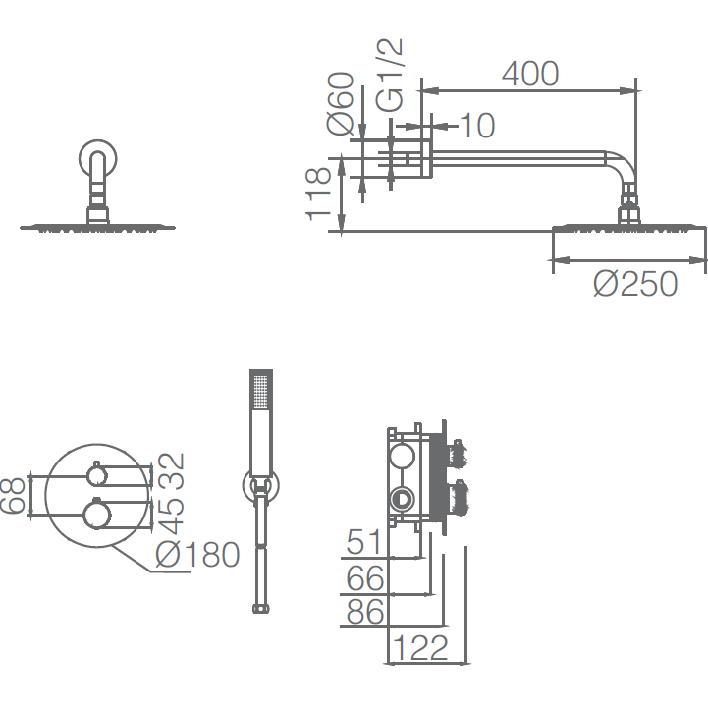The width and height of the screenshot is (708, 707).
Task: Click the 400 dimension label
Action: point(530,74)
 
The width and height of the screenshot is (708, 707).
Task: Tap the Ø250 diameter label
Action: point(635,283)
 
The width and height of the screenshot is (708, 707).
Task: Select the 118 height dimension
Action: point(318,194)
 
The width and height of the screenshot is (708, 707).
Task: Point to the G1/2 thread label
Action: point(389,75)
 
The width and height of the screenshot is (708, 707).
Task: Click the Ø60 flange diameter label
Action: point(340,103)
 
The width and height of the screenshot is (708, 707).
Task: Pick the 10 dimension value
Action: point(478,125)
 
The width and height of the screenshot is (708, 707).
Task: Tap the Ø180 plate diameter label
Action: point(197,554)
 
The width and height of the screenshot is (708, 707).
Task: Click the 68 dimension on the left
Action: point(12,496)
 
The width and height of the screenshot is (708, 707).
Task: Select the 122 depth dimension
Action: point(421,647)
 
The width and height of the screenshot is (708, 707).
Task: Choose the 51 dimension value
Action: point(364,542)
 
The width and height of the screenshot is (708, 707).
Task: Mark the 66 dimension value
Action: point(365,578)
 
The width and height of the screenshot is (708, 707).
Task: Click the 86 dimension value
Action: point(365,612)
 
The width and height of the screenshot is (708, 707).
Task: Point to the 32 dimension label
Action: point(173,471)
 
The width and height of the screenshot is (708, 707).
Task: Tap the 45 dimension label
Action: point(173,517)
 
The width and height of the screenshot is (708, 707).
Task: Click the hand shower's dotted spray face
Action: point(261,392)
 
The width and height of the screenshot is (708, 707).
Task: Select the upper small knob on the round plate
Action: point(96,475)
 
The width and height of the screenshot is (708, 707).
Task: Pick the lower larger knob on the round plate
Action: point(96,514)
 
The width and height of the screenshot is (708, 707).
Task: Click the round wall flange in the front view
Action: point(98,159)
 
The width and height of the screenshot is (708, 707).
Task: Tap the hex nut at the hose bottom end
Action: point(261,609)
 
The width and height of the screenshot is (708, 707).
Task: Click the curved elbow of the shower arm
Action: point(624,165)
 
